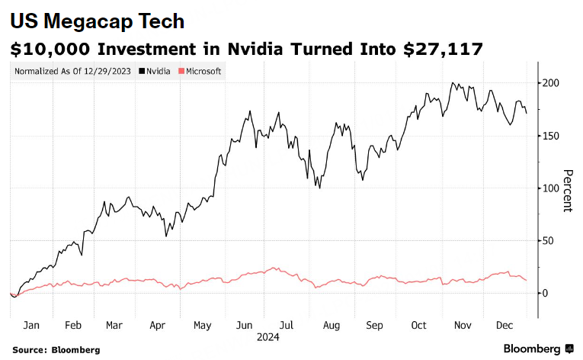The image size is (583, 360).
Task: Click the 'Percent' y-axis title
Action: (567, 191)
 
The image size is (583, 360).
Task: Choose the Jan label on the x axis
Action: (31, 325)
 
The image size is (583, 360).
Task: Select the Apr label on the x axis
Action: (158, 325)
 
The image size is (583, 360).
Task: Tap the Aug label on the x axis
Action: (331, 325)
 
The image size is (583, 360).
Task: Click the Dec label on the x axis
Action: (504, 325)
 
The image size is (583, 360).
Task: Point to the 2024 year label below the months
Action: (268, 336)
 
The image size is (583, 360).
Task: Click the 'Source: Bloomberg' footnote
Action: (56, 349)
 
